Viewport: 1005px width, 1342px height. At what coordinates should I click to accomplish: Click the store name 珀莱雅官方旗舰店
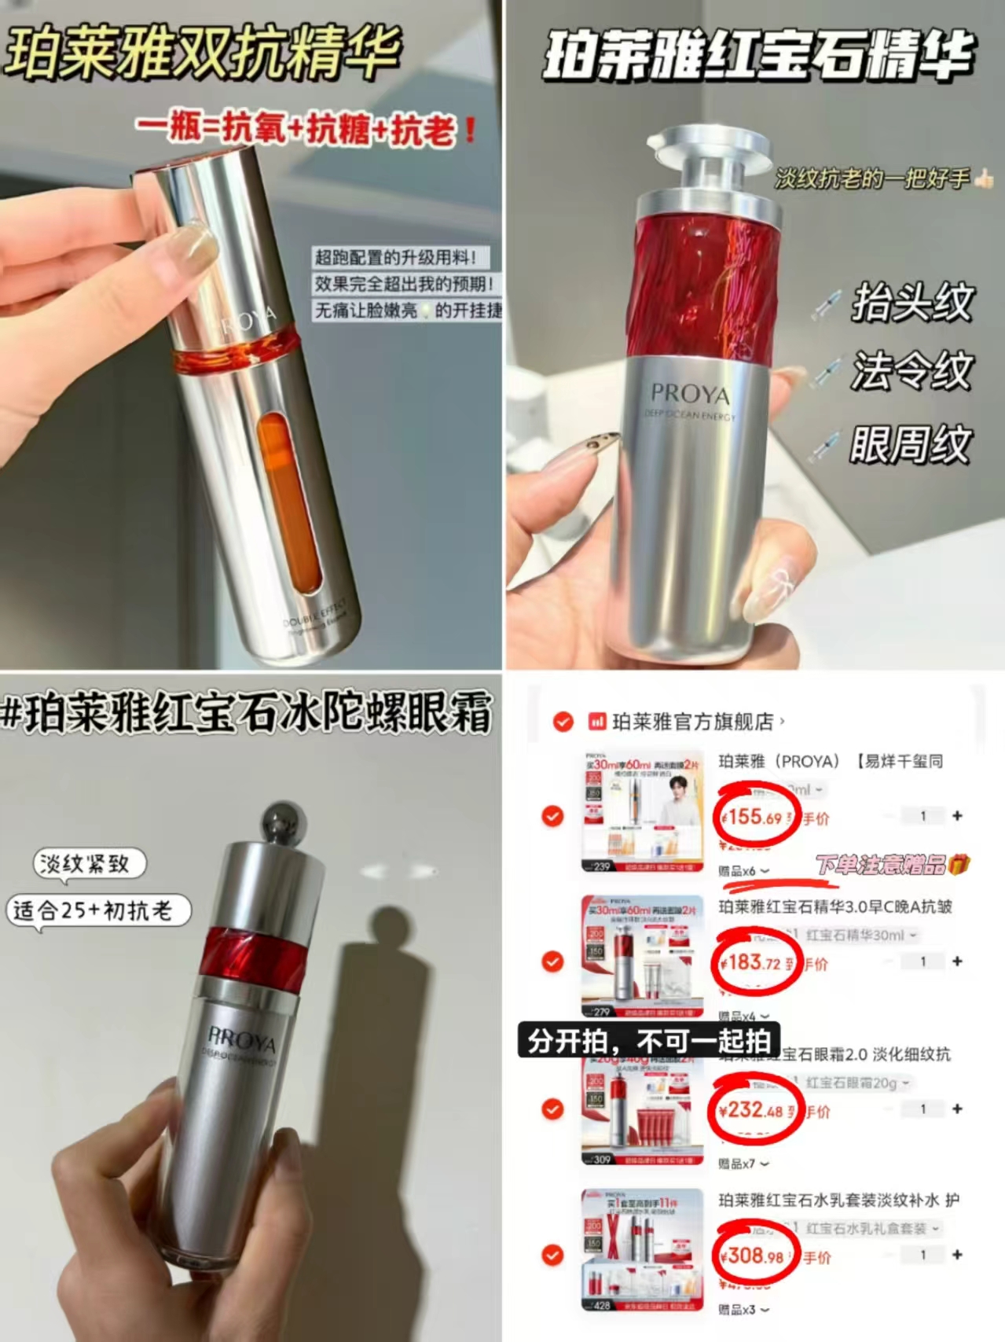pos(692,722)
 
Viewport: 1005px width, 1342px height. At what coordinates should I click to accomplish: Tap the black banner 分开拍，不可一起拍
pos(648,1041)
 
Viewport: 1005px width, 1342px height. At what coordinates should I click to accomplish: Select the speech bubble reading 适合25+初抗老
pos(98,910)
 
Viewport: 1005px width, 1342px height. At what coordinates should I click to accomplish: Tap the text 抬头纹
pos(911,301)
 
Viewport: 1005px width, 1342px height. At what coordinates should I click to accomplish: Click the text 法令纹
pos(911,372)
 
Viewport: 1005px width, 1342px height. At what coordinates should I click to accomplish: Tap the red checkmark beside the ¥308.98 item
pos(553,1255)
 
